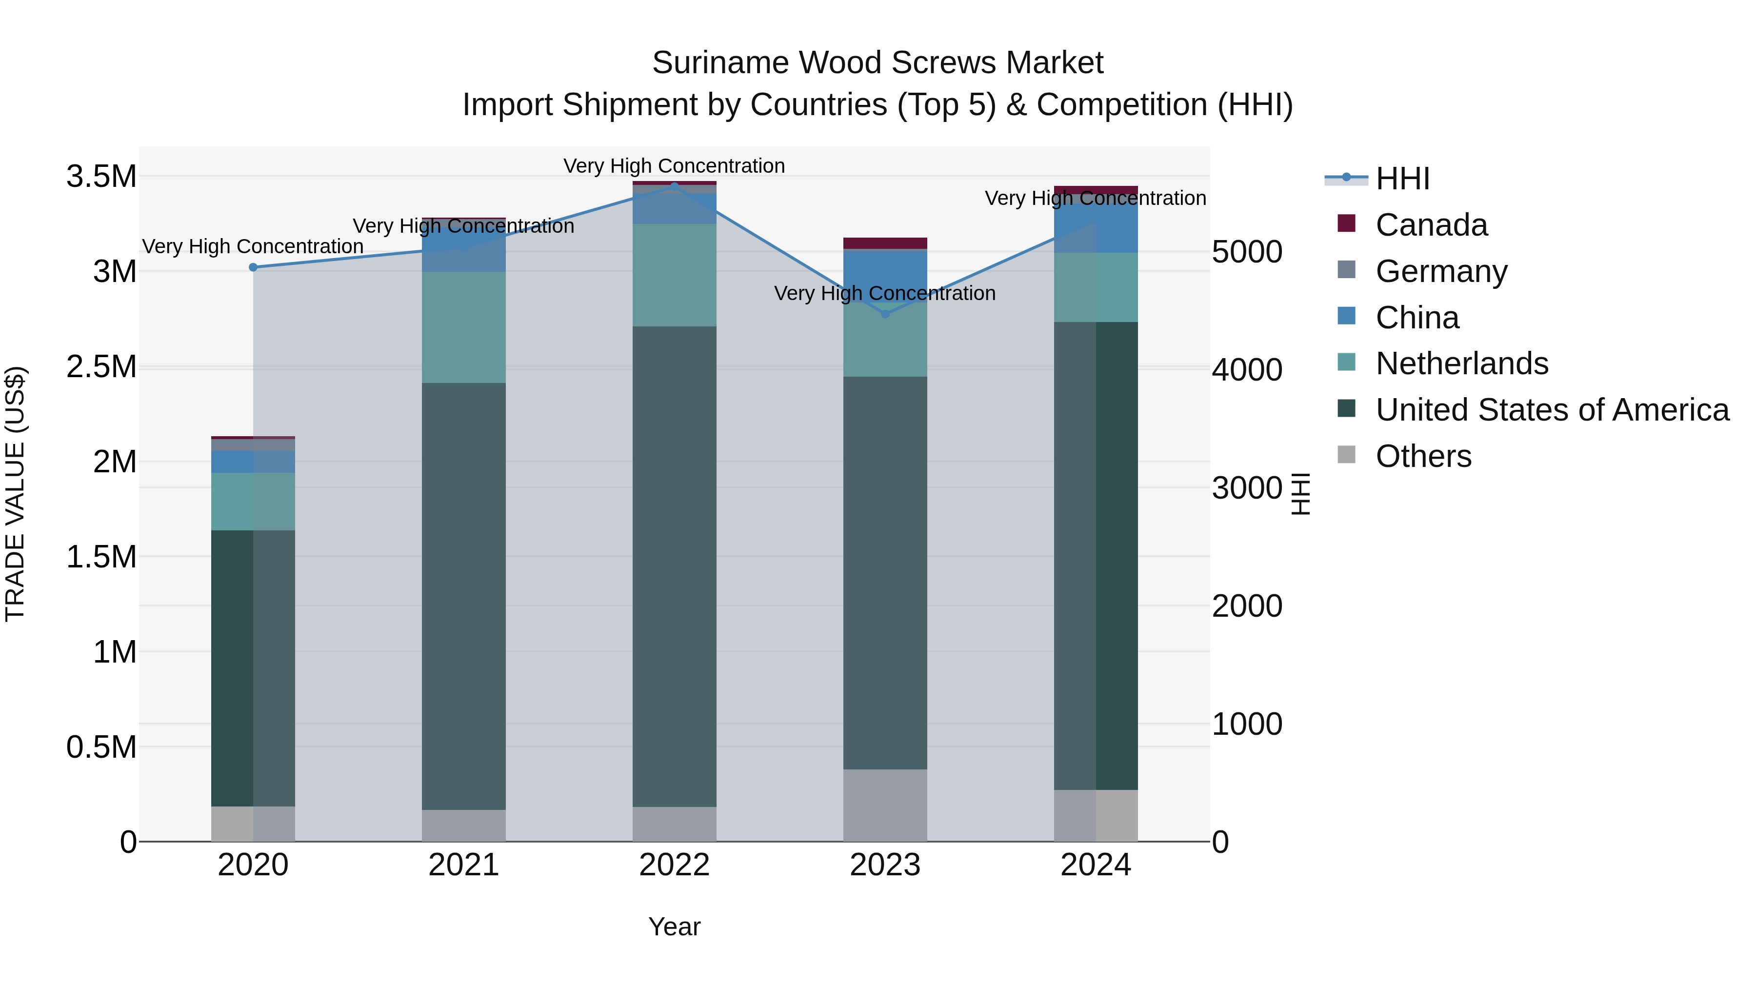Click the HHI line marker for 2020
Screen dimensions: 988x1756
[x=253, y=267]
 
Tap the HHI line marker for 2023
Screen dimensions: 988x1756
[x=885, y=314]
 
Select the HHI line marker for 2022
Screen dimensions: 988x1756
[x=674, y=185]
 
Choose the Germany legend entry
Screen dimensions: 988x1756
[x=1440, y=271]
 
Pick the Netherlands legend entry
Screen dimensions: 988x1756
[x=1461, y=363]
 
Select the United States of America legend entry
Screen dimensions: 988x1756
[x=1552, y=410]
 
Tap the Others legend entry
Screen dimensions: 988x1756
[x=1423, y=456]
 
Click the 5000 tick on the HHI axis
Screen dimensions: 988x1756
[x=1247, y=252]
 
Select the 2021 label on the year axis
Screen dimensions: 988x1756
[x=463, y=865]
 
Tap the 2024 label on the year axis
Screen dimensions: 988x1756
[x=1096, y=865]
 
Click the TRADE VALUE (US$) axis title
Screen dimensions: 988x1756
[x=15, y=494]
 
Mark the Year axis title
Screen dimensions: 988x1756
[x=674, y=927]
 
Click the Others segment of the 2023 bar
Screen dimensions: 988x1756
[x=885, y=805]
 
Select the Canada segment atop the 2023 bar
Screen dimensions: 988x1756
[x=885, y=243]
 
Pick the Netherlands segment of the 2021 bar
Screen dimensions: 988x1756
[x=463, y=327]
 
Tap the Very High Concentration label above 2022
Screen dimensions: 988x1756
[x=674, y=166]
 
